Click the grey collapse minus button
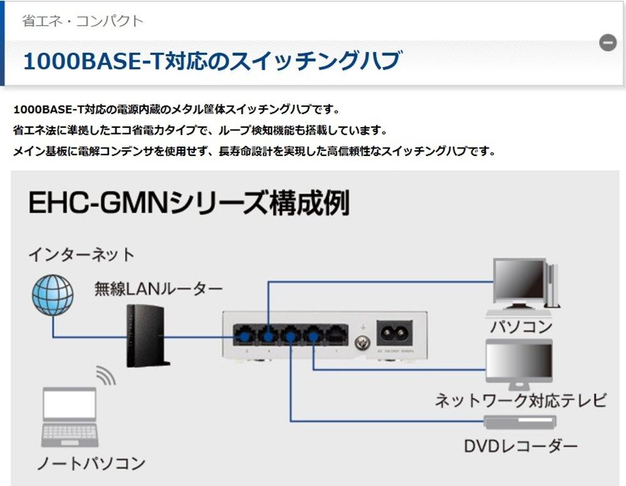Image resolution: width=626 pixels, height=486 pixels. [x=607, y=43]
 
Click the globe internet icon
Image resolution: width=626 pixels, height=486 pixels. [x=53, y=296]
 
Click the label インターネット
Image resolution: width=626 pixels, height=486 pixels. [x=81, y=256]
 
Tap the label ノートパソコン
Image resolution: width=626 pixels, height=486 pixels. [x=91, y=463]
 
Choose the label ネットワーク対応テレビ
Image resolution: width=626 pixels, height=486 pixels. [x=520, y=400]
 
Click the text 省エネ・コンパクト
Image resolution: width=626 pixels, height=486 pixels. [x=83, y=21]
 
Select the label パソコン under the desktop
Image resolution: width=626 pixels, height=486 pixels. [x=521, y=326]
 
